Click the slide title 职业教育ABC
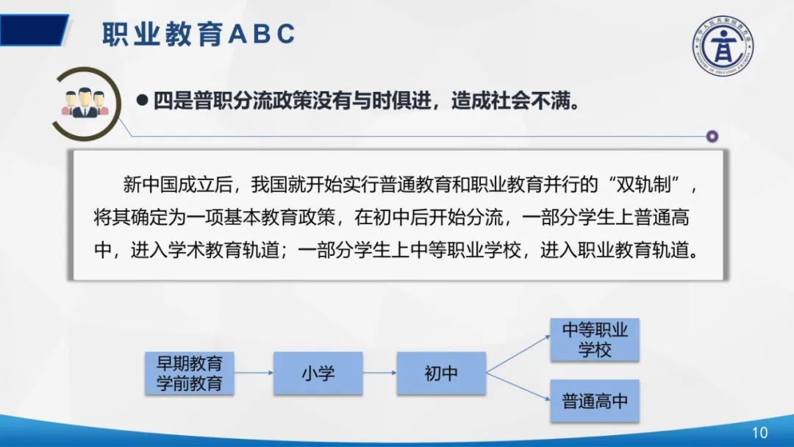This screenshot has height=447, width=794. pyautogui.click(x=198, y=34)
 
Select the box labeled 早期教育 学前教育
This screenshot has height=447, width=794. pyautogui.click(x=190, y=373)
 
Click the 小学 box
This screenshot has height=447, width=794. pyautogui.click(x=318, y=373)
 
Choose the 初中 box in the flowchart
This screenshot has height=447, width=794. pyautogui.click(x=441, y=373)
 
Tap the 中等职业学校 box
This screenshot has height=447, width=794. pyautogui.click(x=595, y=339)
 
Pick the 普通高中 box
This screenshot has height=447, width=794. pyautogui.click(x=595, y=402)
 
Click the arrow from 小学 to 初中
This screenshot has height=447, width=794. pyautogui.click(x=379, y=373)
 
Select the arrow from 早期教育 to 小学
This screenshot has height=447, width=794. pyautogui.click(x=254, y=373)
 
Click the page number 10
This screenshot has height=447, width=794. pyautogui.click(x=759, y=432)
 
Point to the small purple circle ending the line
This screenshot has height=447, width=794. pyautogui.click(x=712, y=136)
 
